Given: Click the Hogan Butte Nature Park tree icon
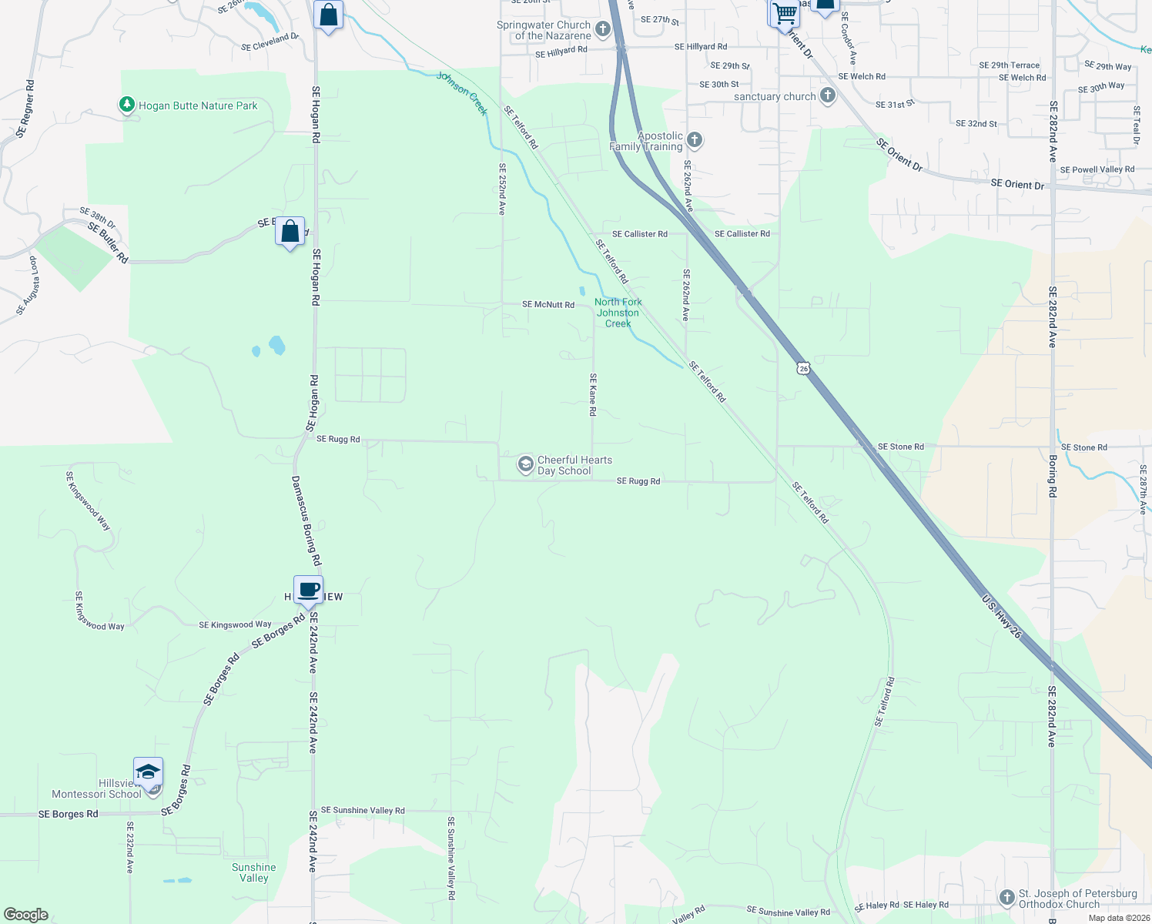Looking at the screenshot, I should pyautogui.click(x=127, y=105).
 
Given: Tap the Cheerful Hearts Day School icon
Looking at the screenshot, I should pyautogui.click(x=525, y=464).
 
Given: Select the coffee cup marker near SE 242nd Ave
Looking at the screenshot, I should pyautogui.click(x=308, y=591).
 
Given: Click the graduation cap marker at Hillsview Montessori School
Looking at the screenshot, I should pyautogui.click(x=147, y=771).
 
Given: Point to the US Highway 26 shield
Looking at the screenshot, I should pyautogui.click(x=803, y=368).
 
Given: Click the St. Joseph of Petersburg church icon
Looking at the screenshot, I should pyautogui.click(x=1006, y=898).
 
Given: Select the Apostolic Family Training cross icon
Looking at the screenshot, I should pyautogui.click(x=695, y=139).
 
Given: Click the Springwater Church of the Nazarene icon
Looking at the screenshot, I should pyautogui.click(x=603, y=30).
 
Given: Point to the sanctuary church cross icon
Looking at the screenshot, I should pyautogui.click(x=828, y=96).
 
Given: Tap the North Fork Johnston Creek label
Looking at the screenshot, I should pyautogui.click(x=618, y=313).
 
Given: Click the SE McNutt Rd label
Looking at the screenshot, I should pyautogui.click(x=548, y=305).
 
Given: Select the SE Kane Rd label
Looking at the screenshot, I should pyautogui.click(x=593, y=395).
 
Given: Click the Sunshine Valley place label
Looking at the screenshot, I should pyautogui.click(x=253, y=872).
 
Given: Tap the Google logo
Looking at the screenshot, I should pyautogui.click(x=26, y=914).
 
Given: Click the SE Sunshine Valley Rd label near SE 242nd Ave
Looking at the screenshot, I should pyautogui.click(x=363, y=810).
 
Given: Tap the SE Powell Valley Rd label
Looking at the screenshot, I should pyautogui.click(x=1097, y=169).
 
